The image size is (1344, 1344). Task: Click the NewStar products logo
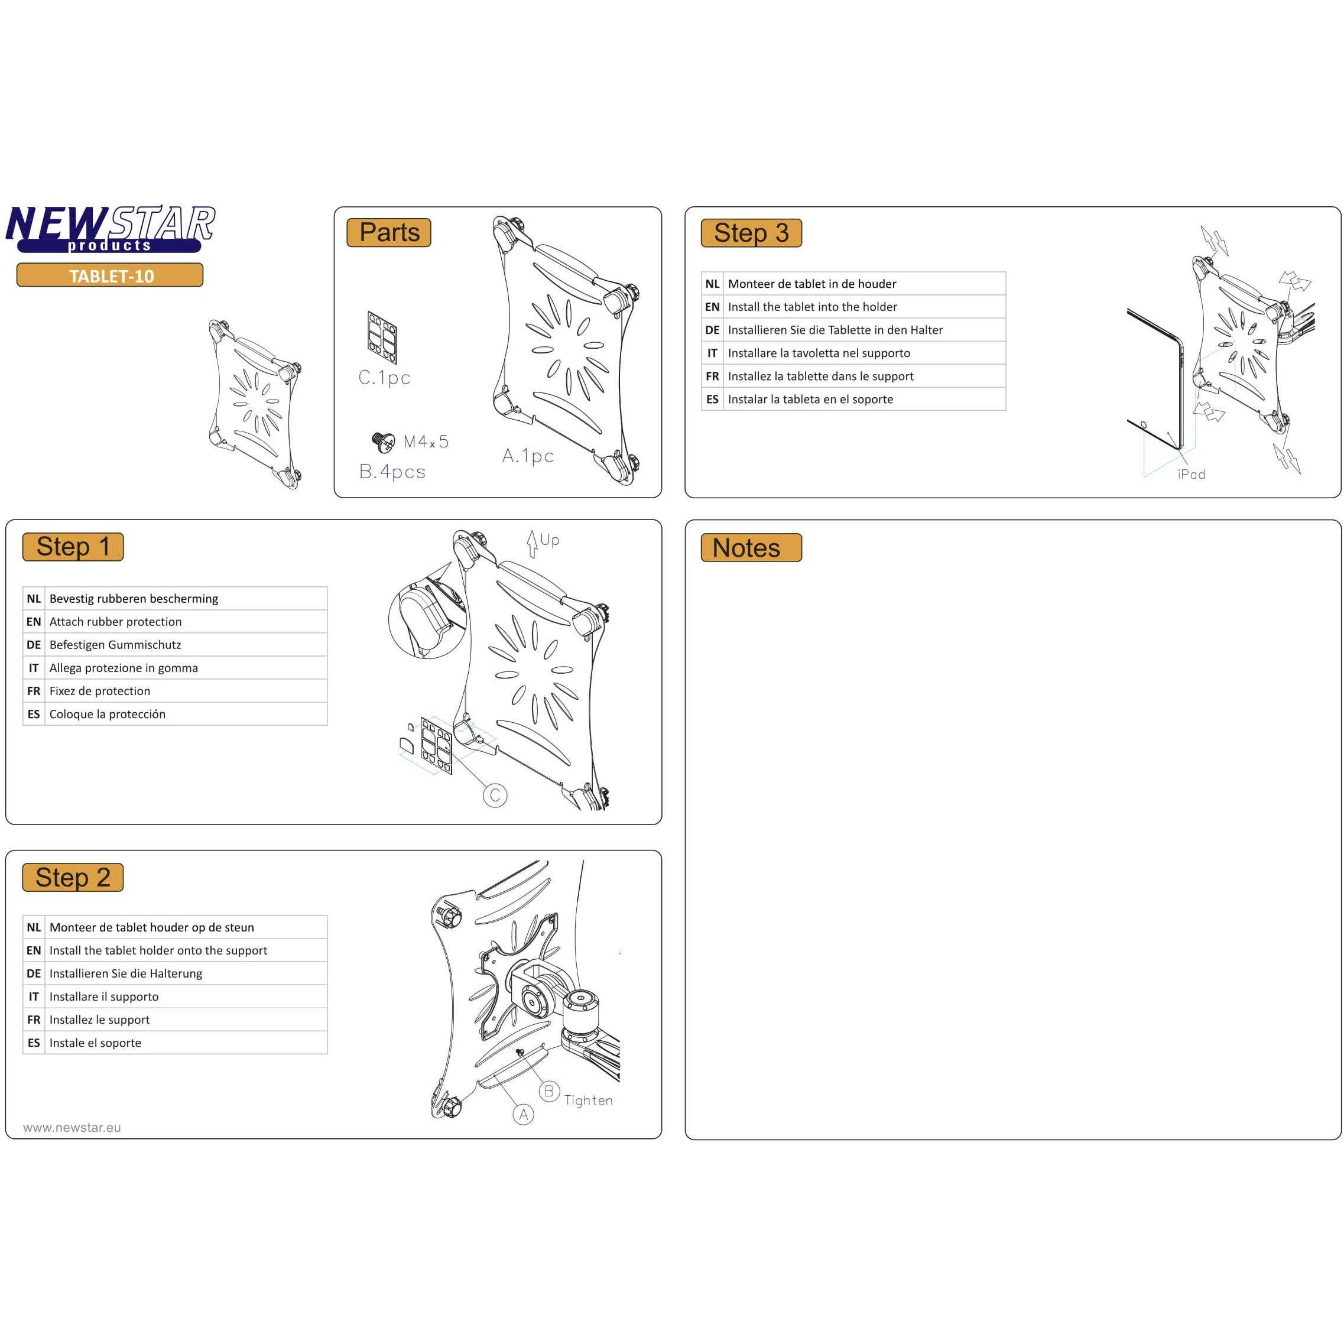click(110, 229)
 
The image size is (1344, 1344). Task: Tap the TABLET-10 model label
click(110, 275)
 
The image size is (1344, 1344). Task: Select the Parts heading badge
click(389, 232)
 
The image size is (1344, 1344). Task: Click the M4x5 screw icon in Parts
click(382, 441)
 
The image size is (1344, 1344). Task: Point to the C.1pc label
click(384, 378)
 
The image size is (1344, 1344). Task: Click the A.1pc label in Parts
click(528, 456)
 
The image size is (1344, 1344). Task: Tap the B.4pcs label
click(392, 472)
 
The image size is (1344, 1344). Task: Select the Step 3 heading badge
click(751, 233)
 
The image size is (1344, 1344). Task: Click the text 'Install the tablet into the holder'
click(812, 307)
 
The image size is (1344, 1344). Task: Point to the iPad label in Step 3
click(1191, 475)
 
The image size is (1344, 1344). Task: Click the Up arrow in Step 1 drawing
click(532, 543)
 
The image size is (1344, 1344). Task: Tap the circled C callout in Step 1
click(495, 795)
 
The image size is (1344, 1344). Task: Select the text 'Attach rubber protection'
click(115, 622)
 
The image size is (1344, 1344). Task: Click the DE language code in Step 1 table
click(33, 645)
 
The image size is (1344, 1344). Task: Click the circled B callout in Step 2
click(549, 1092)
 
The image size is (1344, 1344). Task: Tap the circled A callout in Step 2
click(523, 1115)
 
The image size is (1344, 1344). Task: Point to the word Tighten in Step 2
click(588, 1100)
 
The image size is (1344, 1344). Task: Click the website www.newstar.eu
click(72, 1128)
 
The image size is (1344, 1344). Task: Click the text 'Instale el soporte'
click(95, 1043)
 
